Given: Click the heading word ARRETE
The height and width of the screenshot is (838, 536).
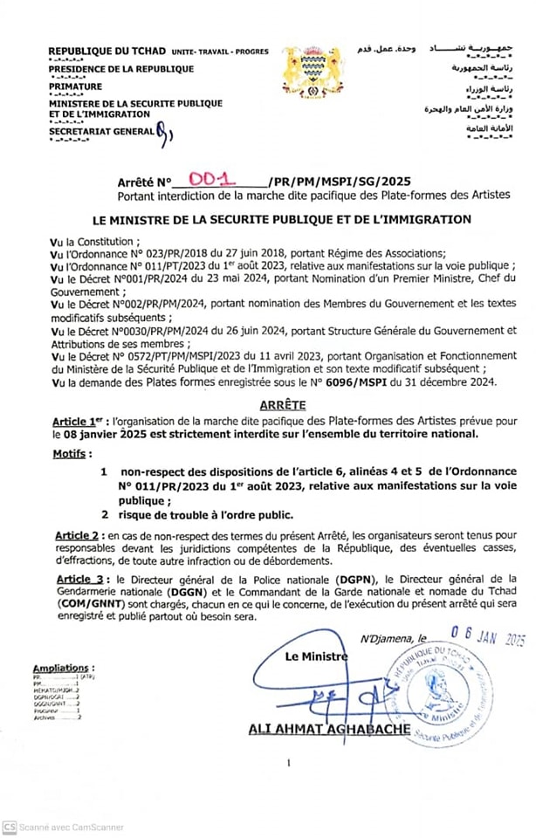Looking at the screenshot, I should [282, 406].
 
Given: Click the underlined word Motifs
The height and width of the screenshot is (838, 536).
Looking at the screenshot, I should [72, 454].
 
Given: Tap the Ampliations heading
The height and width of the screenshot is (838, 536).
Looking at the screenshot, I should [60, 668].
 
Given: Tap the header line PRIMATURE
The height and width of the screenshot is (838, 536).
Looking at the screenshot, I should [75, 86].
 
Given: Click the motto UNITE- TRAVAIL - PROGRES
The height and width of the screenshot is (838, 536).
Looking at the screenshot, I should [220, 52].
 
